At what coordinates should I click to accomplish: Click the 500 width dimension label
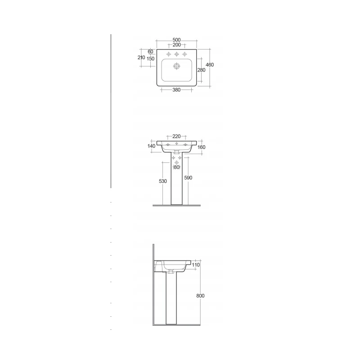click(176, 40)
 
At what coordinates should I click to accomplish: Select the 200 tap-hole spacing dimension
click(176, 45)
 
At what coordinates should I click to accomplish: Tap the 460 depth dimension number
click(210, 65)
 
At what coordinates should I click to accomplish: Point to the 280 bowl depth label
click(201, 70)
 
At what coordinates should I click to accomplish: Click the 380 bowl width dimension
click(176, 90)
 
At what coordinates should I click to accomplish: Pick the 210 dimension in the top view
click(141, 58)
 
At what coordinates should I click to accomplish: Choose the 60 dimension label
click(150, 52)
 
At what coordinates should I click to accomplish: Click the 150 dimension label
click(150, 59)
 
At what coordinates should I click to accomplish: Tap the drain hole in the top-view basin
click(176, 66)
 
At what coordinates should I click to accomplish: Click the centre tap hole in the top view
click(176, 54)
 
